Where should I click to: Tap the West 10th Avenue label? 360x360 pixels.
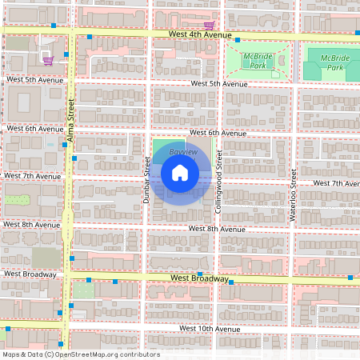(x=210, y=329)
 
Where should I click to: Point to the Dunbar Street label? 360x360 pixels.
(x=146, y=179)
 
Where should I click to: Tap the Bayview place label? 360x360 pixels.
(x=183, y=151)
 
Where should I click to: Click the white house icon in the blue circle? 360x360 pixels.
(x=180, y=173)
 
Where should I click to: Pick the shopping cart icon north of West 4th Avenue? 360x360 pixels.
(x=208, y=25)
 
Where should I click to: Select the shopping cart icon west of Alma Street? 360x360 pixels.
(x=47, y=59)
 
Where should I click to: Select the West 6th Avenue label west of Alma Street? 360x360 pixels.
(x=34, y=128)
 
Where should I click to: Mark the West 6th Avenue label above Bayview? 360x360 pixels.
(x=217, y=133)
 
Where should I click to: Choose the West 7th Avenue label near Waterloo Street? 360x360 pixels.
(x=336, y=183)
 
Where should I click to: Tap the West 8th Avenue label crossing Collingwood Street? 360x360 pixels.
(x=217, y=229)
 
